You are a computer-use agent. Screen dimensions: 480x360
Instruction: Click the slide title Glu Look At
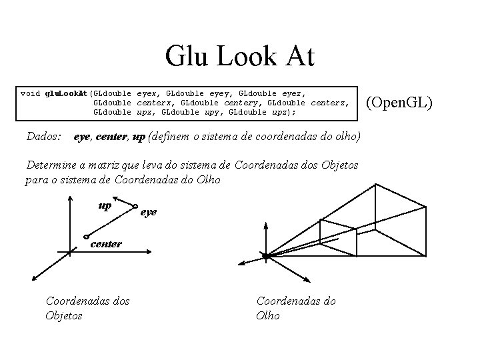click(x=240, y=57)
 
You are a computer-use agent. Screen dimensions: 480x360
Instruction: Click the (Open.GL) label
click(x=400, y=102)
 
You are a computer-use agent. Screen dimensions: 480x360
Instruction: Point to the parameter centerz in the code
click(x=328, y=103)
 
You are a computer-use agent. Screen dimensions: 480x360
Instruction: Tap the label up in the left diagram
click(x=105, y=205)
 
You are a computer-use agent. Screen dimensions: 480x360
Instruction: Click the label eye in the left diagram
click(x=149, y=212)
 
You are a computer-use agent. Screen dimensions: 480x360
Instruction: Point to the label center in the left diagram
click(x=106, y=244)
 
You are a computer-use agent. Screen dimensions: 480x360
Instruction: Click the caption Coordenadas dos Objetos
click(x=87, y=308)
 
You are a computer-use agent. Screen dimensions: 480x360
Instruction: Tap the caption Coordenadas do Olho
click(x=296, y=308)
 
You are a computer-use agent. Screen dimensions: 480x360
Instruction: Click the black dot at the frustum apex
click(x=265, y=256)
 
